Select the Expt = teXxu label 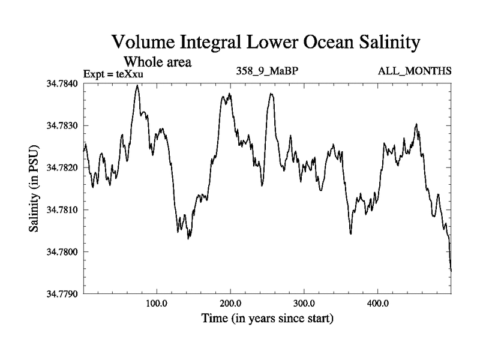pos(114,74)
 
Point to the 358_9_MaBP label pos(267,71)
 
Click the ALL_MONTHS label pos(415,71)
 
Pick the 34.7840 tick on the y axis pos(62,83)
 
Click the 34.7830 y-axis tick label pos(62,125)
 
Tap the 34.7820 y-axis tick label pos(62,167)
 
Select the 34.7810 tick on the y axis pos(62,209)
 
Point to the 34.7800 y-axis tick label pos(62,251)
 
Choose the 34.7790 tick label pos(62,293)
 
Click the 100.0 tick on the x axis pos(157,303)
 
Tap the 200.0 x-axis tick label pos(230,303)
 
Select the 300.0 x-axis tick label pos(304,303)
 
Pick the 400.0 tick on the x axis pos(378,303)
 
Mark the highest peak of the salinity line pos(137,86)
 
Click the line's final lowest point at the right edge pos(451,271)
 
